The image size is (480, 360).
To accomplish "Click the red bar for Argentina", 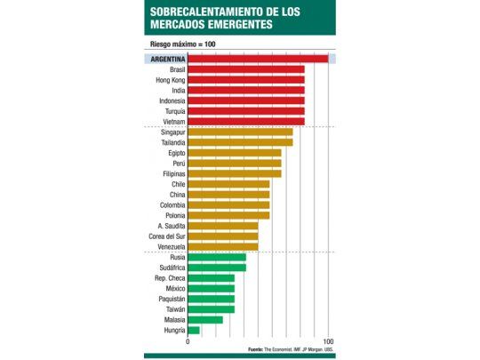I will [258, 59].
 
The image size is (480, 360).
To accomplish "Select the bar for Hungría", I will [194, 331].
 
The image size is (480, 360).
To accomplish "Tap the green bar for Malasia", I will [205, 320].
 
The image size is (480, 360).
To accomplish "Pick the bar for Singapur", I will [240, 132].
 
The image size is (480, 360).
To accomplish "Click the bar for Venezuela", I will [223, 246].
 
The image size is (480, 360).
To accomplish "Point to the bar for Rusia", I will [217, 257].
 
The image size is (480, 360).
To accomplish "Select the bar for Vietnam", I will [246, 121].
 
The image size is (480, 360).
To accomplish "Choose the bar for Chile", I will [228, 184].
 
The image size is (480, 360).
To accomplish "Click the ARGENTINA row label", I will [167, 59].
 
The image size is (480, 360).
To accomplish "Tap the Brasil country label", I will [176, 69].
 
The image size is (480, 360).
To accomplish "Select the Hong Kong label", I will [171, 80].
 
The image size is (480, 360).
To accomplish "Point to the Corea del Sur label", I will [167, 236].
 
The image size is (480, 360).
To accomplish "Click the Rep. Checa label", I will [170, 278].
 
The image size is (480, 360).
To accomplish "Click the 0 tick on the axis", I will [188, 342].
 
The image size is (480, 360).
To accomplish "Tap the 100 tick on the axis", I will [328, 342].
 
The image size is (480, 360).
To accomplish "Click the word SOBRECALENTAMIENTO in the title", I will [206, 11].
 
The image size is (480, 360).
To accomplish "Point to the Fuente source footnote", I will [291, 349].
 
